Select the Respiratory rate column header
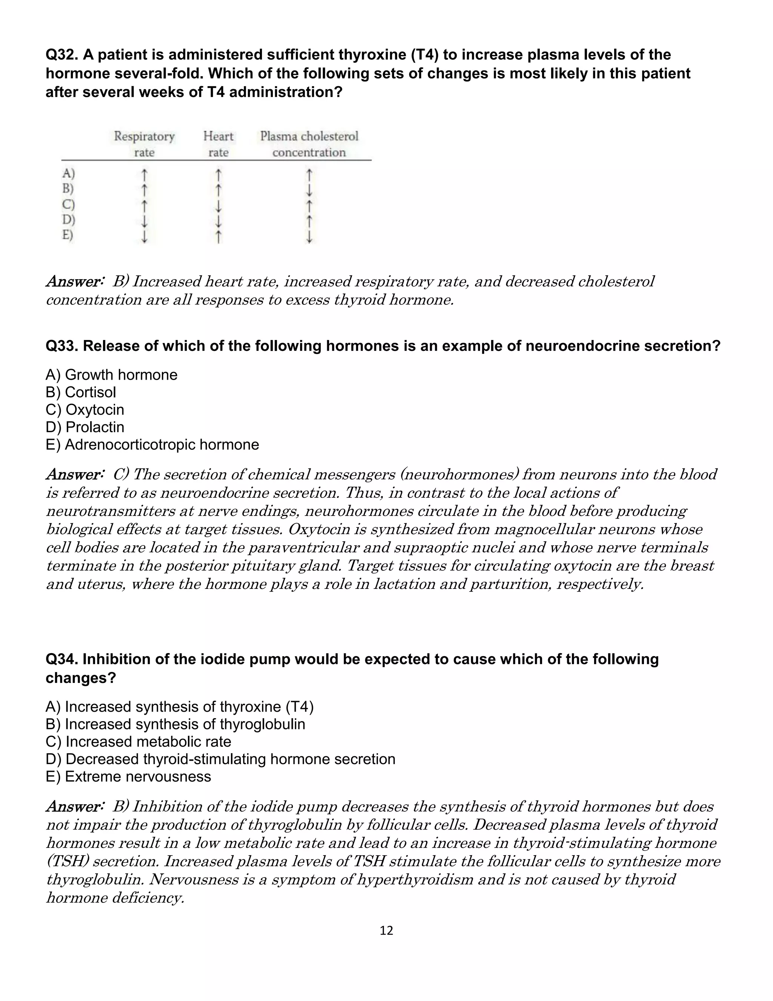tap(144, 144)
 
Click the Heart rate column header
tap(219, 144)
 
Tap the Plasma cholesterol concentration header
tap(309, 144)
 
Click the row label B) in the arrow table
tap(68, 188)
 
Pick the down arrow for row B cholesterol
tap(309, 189)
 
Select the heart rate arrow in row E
tap(219, 236)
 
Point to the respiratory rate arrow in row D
tap(144, 221)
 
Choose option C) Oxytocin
tap(85, 409)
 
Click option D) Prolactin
tap(85, 427)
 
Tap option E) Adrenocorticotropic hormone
tap(152, 444)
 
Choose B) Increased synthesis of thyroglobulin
tap(176, 724)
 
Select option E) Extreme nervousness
tap(129, 776)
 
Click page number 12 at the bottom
tap(386, 930)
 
